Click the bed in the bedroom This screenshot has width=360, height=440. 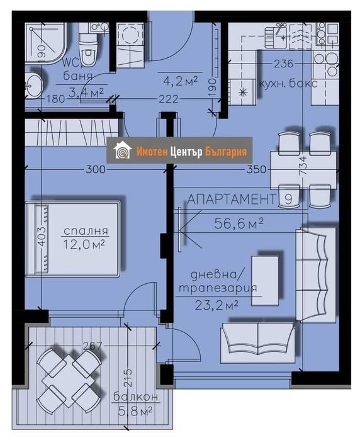(73, 239)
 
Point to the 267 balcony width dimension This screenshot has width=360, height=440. (92, 344)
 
